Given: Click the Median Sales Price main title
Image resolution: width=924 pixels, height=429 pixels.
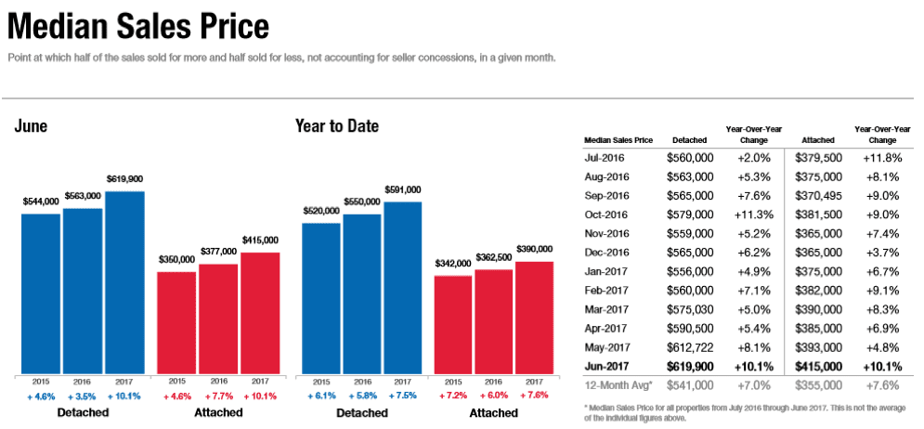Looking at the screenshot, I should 138,27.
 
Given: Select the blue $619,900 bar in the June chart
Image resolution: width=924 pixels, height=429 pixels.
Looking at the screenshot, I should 124,283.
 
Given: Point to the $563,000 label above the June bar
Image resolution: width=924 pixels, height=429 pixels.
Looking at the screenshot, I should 83,198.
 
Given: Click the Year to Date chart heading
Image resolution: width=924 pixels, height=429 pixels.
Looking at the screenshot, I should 336,125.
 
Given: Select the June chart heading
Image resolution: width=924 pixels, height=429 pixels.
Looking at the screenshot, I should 31,126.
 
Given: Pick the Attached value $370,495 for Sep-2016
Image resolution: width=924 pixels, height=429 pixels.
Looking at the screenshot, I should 818,196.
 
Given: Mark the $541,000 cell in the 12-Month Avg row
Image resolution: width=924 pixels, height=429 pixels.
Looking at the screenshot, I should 690,385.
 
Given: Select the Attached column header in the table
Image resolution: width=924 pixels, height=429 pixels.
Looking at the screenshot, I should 816,140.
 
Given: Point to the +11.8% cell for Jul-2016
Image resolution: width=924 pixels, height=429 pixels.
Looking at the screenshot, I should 882,158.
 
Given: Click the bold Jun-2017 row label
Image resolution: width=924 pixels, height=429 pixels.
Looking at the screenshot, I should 607,367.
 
